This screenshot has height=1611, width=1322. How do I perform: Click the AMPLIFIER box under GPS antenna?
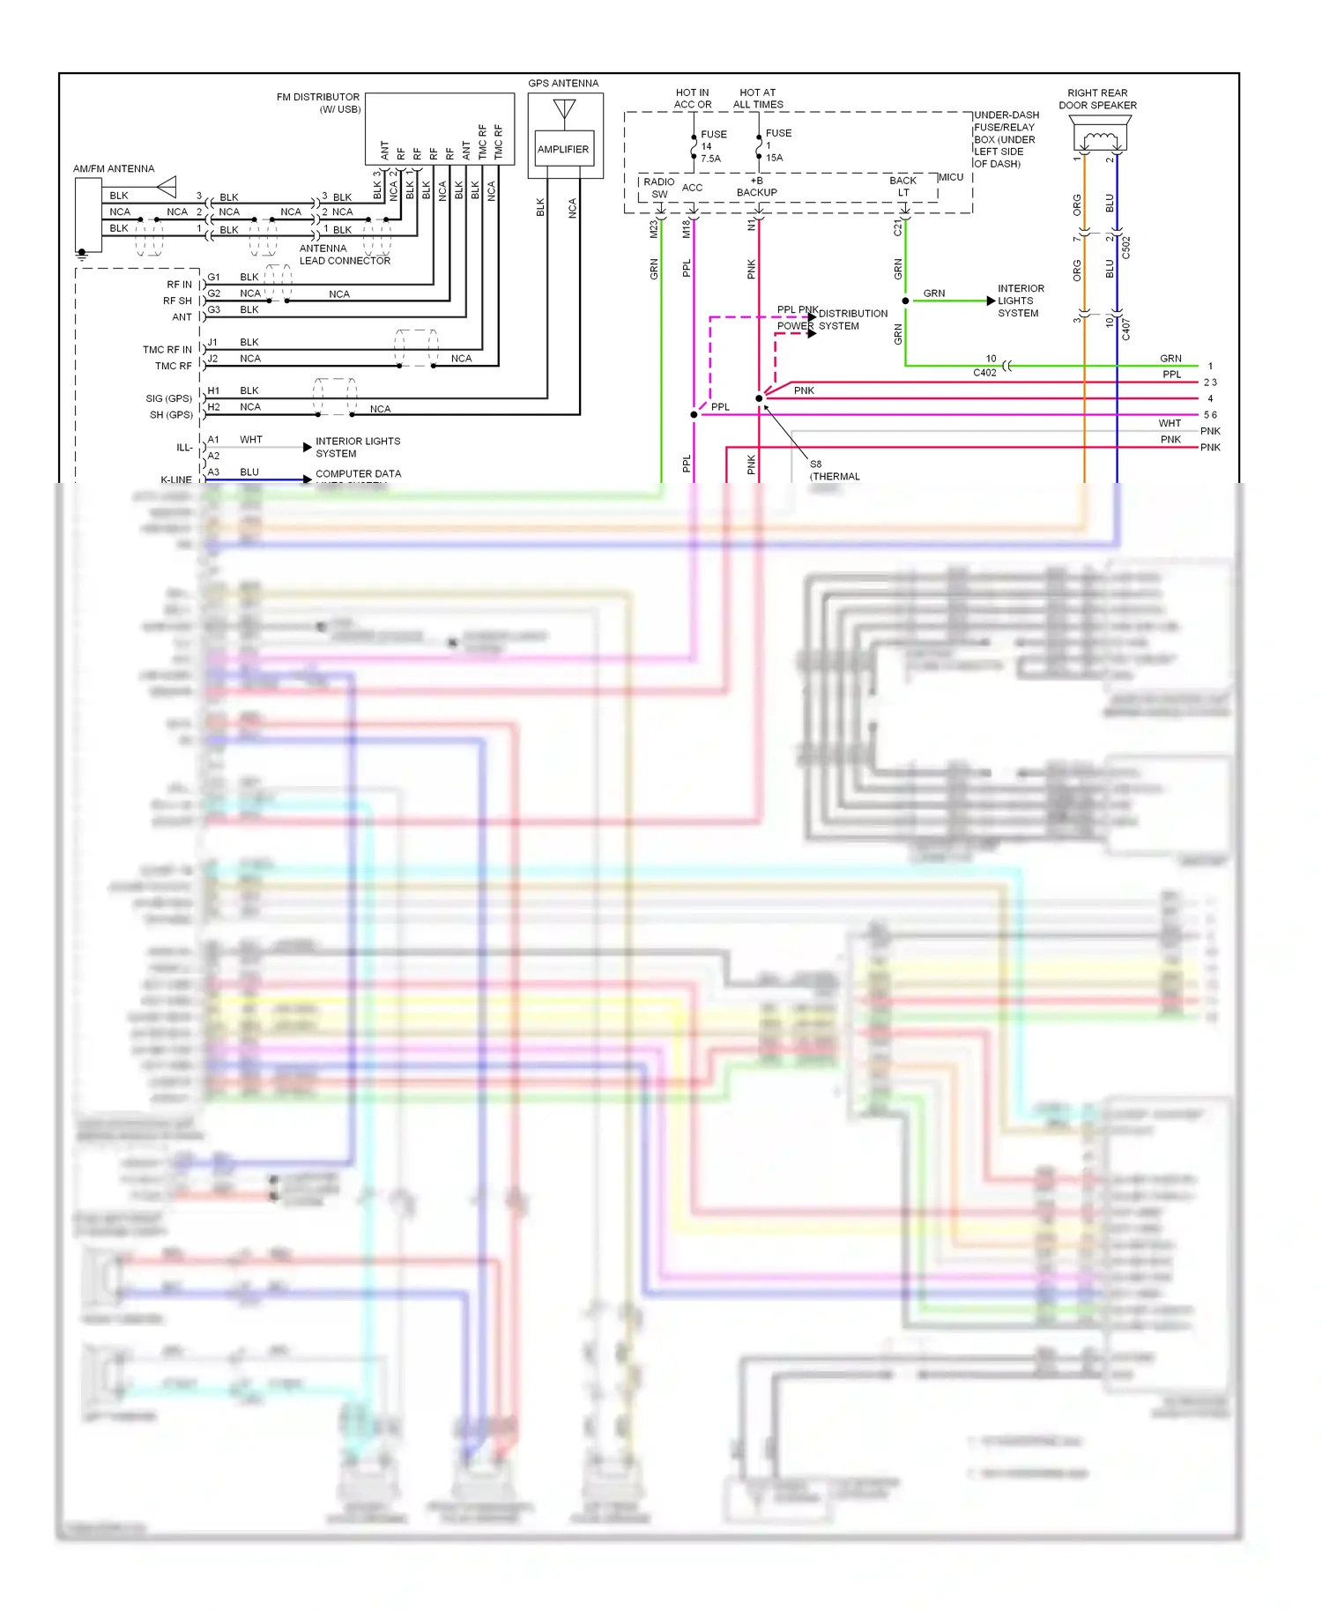563,149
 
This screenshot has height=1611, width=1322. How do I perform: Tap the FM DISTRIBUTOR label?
318,97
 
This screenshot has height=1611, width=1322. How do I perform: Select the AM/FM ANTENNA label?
114,168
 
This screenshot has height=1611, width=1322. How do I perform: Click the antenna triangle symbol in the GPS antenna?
564,109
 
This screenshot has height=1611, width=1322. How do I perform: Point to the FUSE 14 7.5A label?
712,146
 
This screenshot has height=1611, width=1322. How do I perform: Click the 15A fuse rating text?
774,158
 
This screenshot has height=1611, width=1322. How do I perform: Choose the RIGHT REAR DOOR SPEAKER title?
1097,99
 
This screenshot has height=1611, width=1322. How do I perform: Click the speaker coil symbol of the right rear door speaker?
1099,139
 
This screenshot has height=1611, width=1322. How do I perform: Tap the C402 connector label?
984,373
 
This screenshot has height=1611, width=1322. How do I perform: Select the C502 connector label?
1125,248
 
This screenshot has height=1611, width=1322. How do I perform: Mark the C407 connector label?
1125,330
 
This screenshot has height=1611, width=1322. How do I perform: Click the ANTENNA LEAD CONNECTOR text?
345,255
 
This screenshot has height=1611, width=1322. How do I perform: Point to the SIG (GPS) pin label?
169,398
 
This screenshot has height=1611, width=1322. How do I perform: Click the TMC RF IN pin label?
167,350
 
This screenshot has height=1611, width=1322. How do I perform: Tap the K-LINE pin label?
176,479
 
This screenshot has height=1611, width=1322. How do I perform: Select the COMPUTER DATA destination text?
358,473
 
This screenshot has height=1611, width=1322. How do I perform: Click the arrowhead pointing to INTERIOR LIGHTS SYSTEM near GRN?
991,301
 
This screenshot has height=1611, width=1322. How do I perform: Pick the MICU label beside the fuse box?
951,177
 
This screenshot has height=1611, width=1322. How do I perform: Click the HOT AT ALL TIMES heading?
758,98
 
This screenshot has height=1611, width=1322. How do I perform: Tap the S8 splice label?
815,464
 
